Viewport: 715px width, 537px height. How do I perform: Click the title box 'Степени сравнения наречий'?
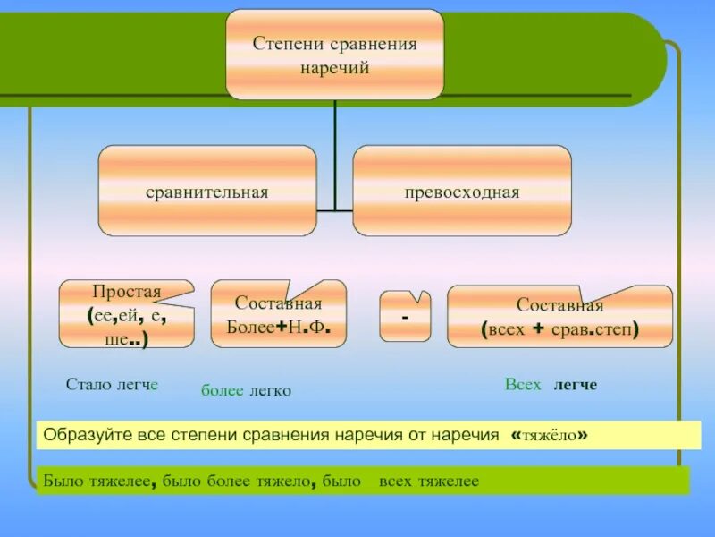334,54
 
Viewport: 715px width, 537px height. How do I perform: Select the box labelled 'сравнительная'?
207,192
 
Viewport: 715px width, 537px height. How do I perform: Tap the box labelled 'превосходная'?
461,192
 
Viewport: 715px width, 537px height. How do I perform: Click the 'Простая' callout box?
126,314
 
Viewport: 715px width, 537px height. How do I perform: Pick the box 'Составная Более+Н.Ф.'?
278,314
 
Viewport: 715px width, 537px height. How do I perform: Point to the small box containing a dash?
405,316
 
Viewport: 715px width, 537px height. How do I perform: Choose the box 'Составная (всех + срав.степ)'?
559,317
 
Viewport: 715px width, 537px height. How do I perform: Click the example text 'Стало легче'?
112,384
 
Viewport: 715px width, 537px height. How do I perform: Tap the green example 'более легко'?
246,390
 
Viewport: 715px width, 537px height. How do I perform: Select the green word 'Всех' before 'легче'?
523,384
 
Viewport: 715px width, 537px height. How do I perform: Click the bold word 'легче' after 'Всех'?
575,385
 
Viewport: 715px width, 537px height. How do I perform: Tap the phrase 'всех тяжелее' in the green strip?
429,482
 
